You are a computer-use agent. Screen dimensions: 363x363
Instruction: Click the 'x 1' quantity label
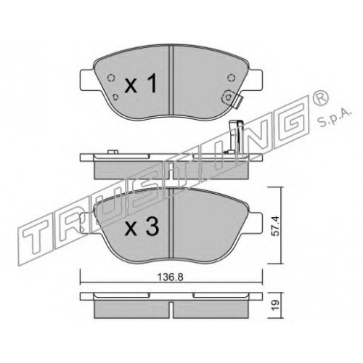click(141, 84)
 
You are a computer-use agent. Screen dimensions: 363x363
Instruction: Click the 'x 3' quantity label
click(142, 227)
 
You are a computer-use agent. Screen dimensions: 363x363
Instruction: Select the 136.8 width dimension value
click(171, 277)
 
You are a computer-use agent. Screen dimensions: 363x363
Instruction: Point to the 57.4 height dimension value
click(277, 226)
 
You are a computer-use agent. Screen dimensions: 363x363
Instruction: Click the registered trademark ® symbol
click(320, 99)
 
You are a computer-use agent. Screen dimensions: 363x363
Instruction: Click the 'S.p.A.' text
click(333, 118)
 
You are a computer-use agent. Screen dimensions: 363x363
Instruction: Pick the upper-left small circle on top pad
click(111, 78)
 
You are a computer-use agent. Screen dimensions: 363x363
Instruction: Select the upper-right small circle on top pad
click(232, 78)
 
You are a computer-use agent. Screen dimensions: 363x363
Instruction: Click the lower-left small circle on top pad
click(116, 97)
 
